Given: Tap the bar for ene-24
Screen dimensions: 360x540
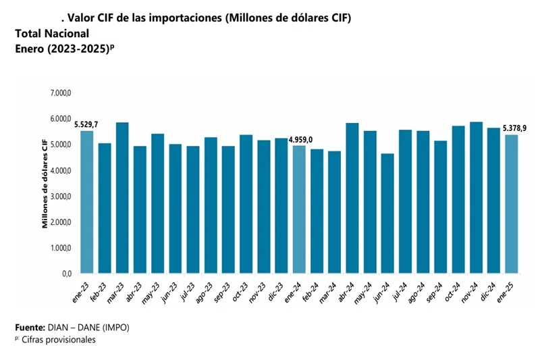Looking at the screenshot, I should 298,209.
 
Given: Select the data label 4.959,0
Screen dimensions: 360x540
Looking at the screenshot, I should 301,139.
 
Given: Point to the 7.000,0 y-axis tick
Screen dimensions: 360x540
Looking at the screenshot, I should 61,93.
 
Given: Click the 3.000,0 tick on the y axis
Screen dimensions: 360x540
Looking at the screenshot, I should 61,197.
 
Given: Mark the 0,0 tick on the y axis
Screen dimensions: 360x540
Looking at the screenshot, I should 66,274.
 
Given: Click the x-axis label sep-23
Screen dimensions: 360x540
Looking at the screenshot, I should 223,292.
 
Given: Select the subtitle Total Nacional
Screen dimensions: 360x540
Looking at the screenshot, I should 51,33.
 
